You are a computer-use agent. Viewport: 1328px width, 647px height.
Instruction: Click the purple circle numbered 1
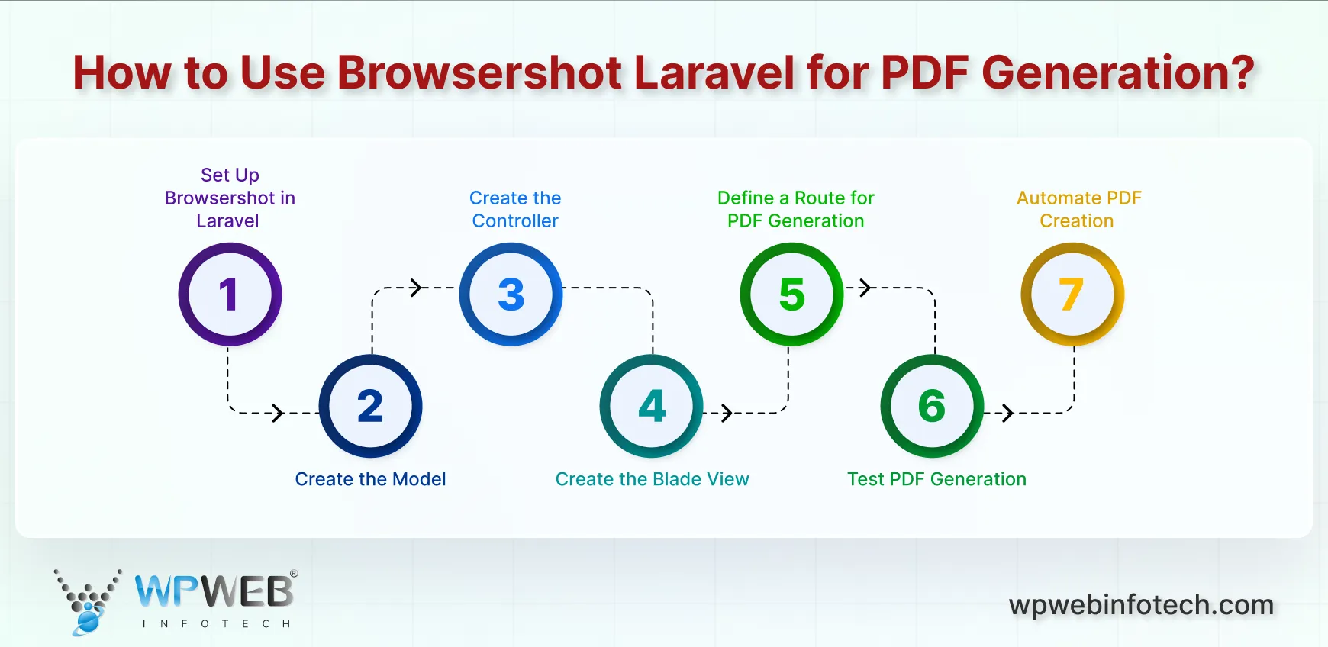230,295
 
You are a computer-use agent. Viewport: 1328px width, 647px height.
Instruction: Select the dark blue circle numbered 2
370,406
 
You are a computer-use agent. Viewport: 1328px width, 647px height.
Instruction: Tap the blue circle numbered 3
511,295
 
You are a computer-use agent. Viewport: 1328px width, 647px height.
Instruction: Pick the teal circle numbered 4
652,406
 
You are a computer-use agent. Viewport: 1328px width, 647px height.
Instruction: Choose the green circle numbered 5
791,295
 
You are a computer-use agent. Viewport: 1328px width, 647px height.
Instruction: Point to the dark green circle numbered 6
932,406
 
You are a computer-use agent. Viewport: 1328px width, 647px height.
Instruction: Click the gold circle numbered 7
1072,295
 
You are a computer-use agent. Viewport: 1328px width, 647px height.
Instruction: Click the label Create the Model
370,479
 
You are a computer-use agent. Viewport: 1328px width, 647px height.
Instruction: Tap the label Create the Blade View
652,479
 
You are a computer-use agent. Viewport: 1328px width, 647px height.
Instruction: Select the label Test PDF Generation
936,479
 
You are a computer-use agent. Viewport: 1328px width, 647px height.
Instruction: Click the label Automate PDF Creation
1078,209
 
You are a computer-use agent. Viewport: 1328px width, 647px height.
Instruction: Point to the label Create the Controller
515,209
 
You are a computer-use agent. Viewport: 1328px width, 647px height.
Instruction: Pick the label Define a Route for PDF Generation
795,209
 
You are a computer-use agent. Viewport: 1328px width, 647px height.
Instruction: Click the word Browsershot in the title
479,73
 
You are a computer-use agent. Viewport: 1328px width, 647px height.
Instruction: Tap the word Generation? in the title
1117,73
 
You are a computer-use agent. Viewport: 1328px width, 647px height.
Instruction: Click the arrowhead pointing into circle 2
279,414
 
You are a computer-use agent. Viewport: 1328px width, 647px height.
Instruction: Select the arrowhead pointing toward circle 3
416,288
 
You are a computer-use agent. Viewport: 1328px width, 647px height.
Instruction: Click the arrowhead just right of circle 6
1008,414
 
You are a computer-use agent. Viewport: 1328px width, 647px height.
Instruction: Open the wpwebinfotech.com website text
1141,605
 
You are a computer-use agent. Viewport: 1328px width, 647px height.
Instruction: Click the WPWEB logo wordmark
215,591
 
